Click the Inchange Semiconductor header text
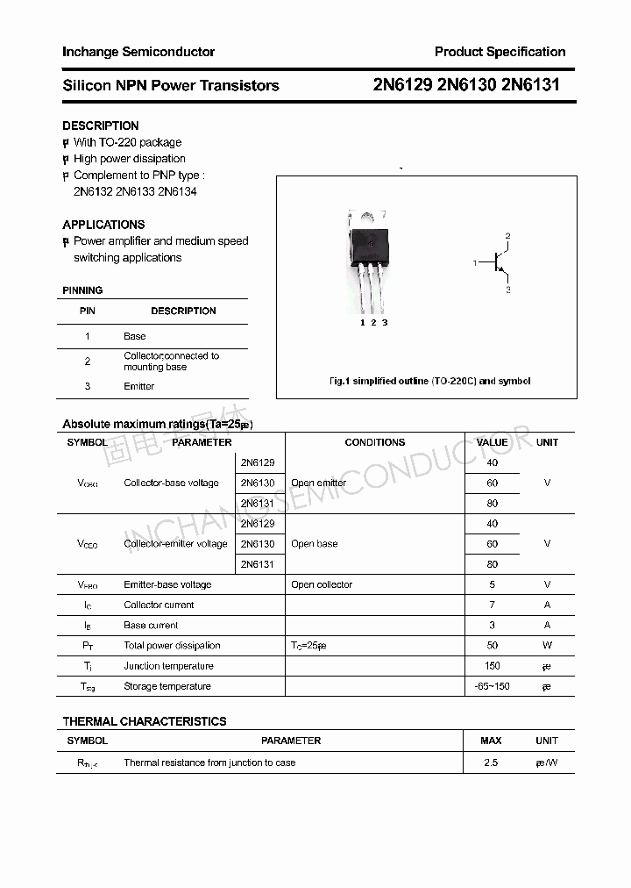tap(138, 52)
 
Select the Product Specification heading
tap(500, 52)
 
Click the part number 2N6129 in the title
tap(403, 85)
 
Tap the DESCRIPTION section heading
tap(101, 125)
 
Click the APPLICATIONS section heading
tap(103, 225)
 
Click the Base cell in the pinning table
tap(135, 336)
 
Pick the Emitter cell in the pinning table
tap(138, 386)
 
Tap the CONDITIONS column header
tap(374, 442)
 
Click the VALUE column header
tap(492, 442)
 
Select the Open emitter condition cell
tap(319, 483)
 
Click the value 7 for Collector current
tap(492, 605)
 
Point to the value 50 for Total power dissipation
tap(492, 646)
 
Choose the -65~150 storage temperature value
tap(492, 686)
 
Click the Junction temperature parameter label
tap(168, 666)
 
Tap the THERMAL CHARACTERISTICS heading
tap(145, 721)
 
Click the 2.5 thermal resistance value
tap(491, 763)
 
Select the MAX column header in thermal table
tap(491, 741)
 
